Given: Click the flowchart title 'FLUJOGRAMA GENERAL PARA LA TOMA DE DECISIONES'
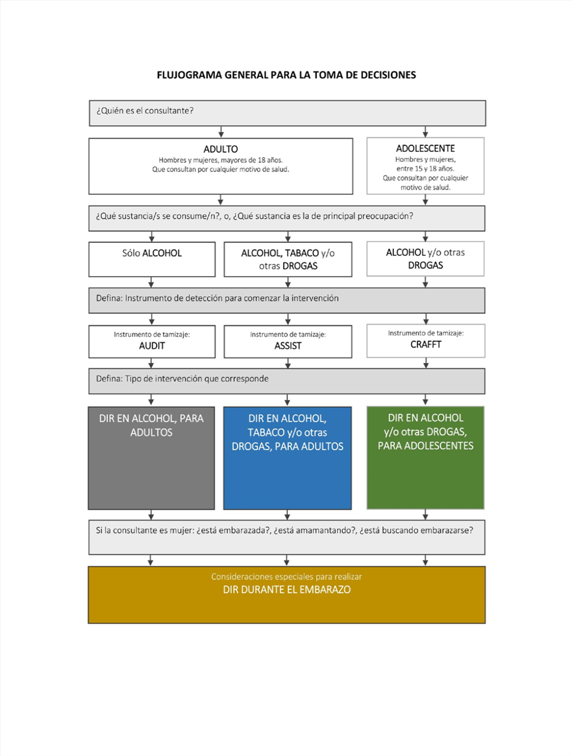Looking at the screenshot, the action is (286, 75).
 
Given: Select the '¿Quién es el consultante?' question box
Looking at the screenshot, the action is (287, 113).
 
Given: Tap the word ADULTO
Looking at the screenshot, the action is (221, 149).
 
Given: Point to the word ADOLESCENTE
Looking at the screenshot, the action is (425, 149).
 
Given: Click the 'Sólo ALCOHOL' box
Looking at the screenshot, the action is (152, 259).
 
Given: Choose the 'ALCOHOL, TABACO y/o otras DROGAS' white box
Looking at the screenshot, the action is (288, 259).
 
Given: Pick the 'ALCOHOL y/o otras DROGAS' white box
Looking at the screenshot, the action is (425, 259).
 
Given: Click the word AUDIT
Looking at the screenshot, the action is (152, 346).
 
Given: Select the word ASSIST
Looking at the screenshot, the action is (288, 346).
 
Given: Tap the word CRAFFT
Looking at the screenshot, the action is (426, 344).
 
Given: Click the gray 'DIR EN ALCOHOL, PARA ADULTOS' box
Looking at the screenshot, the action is (151, 458).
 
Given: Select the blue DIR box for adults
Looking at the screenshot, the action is (287, 458).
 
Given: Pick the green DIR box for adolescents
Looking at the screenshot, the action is (425, 457).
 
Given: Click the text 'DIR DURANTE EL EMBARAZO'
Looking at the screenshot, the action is (287, 590).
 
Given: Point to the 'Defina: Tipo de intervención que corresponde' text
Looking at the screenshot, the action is (182, 379).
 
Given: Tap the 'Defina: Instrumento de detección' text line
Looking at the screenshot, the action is (218, 299).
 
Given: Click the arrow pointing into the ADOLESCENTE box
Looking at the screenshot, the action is (425, 132).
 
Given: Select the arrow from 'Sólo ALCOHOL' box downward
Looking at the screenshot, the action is (151, 282).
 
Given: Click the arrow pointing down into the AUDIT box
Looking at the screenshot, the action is (152, 319).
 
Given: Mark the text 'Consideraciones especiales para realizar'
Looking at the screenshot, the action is (286, 577).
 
